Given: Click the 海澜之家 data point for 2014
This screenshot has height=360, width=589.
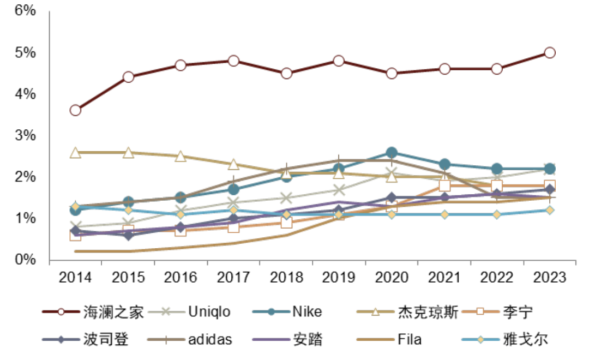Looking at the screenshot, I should (x=75, y=110).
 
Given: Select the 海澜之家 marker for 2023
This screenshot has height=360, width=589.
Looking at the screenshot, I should (x=550, y=52).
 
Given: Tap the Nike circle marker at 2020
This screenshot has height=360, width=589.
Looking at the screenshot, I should (x=392, y=152).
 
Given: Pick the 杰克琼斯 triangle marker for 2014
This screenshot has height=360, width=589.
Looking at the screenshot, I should (x=75, y=152).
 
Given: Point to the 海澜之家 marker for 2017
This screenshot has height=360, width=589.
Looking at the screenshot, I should (x=233, y=61).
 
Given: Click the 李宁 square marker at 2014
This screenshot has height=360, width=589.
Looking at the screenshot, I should (x=75, y=235).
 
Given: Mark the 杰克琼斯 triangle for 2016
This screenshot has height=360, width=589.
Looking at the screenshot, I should (x=181, y=156).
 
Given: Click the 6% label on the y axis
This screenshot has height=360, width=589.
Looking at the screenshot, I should (x=26, y=11).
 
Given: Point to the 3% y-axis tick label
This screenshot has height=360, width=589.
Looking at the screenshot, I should (x=26, y=135).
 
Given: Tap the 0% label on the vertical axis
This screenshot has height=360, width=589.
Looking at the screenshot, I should (x=26, y=260).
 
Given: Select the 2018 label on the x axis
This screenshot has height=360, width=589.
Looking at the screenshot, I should (x=286, y=277).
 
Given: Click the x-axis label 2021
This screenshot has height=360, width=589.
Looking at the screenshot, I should (x=444, y=277).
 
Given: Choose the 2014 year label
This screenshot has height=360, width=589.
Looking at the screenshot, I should (x=75, y=277).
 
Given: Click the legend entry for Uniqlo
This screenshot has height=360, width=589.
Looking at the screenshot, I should (x=209, y=312).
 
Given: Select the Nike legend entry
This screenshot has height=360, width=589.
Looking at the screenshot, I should (x=307, y=312).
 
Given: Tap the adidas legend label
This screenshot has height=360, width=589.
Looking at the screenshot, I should (x=210, y=339).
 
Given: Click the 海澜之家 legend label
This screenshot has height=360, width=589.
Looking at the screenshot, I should (x=113, y=312).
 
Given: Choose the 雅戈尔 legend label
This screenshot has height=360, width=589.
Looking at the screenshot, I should (x=526, y=339).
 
